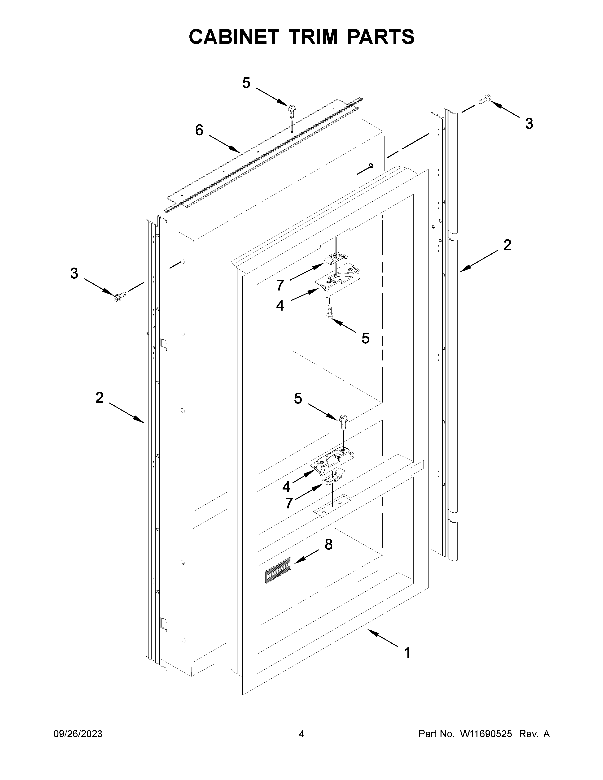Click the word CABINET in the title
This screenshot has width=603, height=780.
pyautogui.click(x=234, y=37)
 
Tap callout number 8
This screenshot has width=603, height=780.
pyautogui.click(x=328, y=544)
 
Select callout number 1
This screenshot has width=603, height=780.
pyautogui.click(x=407, y=653)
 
